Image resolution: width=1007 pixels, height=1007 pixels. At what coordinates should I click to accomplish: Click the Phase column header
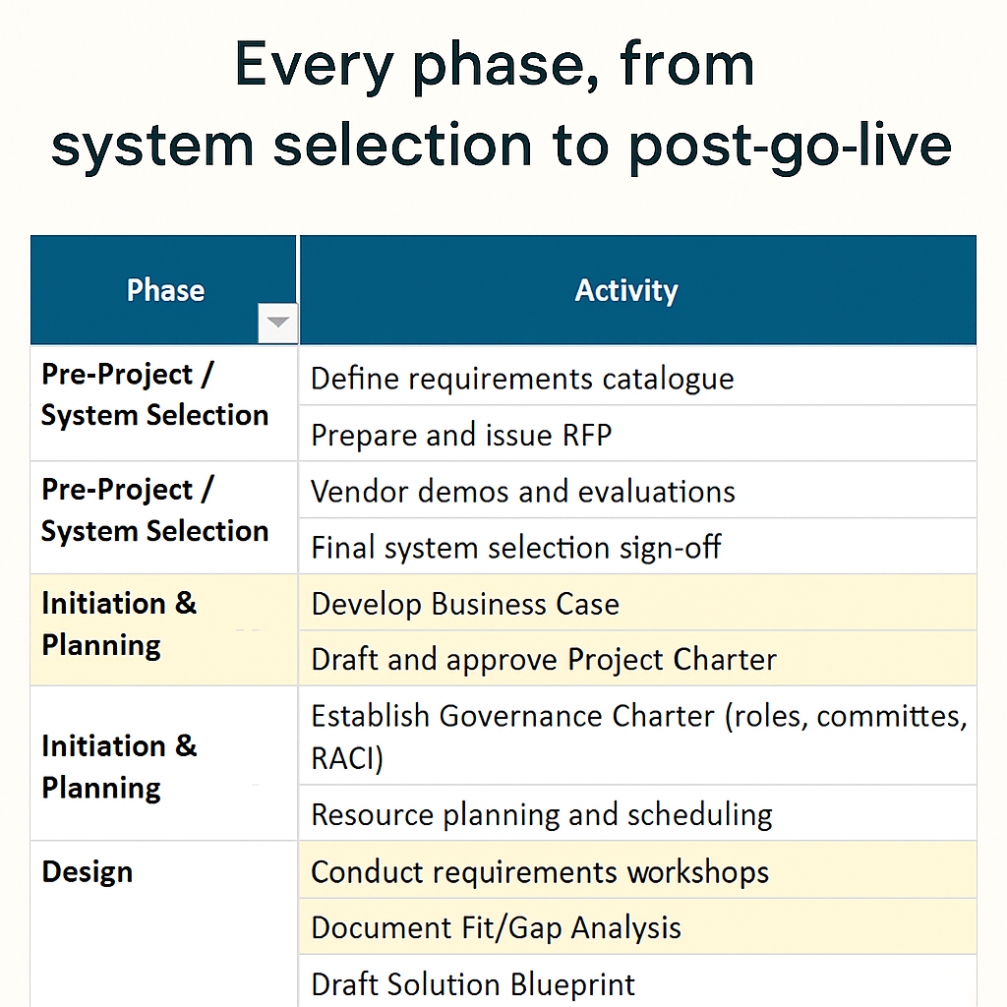[x=165, y=290]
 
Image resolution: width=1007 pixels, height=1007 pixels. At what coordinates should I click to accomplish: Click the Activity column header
[x=626, y=290]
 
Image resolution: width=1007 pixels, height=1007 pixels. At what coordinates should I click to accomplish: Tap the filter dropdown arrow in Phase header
[x=278, y=323]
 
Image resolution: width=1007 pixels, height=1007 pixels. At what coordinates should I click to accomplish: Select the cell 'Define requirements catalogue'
[x=522, y=379]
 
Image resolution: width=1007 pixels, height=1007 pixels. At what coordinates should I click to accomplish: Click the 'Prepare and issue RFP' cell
[x=461, y=435]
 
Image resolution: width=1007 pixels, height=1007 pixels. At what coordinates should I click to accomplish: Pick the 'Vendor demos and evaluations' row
[x=522, y=492]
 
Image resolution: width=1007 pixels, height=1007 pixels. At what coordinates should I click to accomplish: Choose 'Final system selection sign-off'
[x=515, y=548]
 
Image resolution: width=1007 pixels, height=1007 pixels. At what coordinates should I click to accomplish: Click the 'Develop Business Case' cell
[x=465, y=604]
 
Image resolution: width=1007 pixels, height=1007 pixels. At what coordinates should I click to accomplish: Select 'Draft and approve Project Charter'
[x=543, y=659]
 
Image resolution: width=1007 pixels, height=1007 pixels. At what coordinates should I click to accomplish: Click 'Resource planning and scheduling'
[x=541, y=814]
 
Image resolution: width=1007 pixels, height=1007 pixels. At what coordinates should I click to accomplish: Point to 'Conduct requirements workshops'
[x=539, y=872]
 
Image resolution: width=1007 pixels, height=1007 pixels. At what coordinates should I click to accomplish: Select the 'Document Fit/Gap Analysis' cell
[x=496, y=927]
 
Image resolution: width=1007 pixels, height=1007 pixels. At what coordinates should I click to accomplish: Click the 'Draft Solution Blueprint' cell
[x=473, y=984]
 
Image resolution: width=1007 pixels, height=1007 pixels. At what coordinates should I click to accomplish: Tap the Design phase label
[x=87, y=872]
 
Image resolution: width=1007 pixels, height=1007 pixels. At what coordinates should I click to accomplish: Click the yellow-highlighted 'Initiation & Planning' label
[x=118, y=624]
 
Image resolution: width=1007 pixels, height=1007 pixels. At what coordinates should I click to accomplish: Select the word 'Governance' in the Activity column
[x=513, y=716]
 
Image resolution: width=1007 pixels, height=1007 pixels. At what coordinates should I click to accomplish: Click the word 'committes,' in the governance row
[x=891, y=716]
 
